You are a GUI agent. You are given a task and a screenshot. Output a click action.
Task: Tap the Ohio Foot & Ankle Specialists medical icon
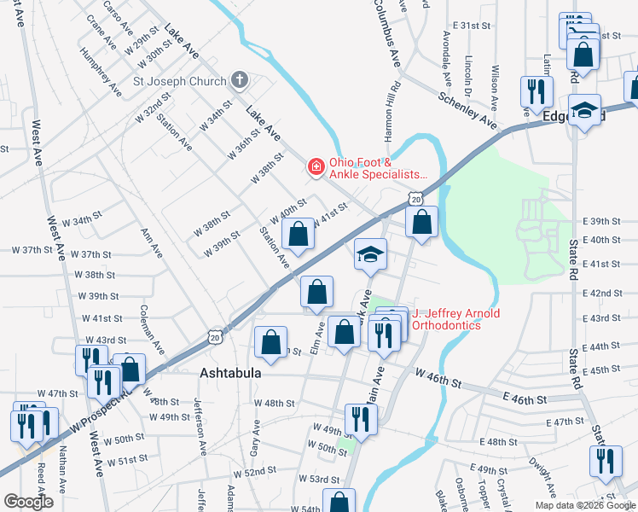click(316, 166)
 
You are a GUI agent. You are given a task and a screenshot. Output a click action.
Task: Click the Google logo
click(28, 502)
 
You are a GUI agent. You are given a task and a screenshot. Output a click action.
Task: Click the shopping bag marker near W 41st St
click(298, 234)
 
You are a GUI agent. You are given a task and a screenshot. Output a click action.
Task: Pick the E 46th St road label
click(524, 399)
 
